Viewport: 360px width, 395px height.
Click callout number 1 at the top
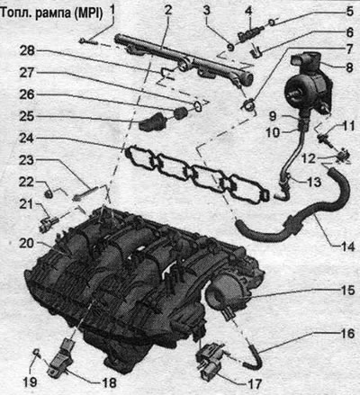(112, 12)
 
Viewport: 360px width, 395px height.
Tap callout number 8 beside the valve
(349, 67)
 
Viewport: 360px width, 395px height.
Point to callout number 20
(27, 243)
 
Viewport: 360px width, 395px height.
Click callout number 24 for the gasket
(27, 139)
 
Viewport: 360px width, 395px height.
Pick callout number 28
(27, 51)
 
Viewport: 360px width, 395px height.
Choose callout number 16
(347, 333)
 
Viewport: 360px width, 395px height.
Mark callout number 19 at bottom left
(30, 382)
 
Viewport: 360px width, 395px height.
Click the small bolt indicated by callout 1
(88, 41)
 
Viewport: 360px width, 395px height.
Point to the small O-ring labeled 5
(272, 22)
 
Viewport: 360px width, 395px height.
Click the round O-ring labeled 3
(230, 47)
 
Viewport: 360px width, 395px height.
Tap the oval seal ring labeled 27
(197, 106)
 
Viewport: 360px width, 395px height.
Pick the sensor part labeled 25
(153, 122)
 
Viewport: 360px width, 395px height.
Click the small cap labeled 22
(49, 193)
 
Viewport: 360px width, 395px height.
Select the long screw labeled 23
(85, 193)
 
